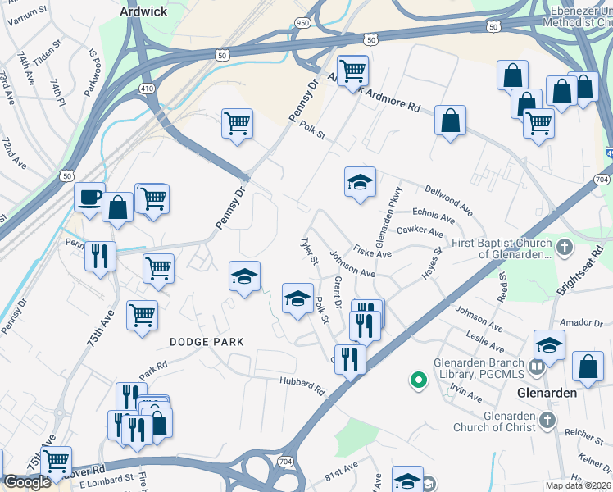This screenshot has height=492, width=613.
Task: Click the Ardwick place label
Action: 144,11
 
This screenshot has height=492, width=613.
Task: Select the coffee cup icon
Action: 89,198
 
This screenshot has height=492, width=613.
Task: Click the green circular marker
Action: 418,380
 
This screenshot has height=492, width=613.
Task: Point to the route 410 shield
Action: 148,88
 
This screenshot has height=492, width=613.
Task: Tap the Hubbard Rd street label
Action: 302,386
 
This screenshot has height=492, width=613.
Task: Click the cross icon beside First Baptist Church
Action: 563,247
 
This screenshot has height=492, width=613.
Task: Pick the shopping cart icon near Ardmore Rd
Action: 352,71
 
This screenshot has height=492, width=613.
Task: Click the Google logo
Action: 27,482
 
